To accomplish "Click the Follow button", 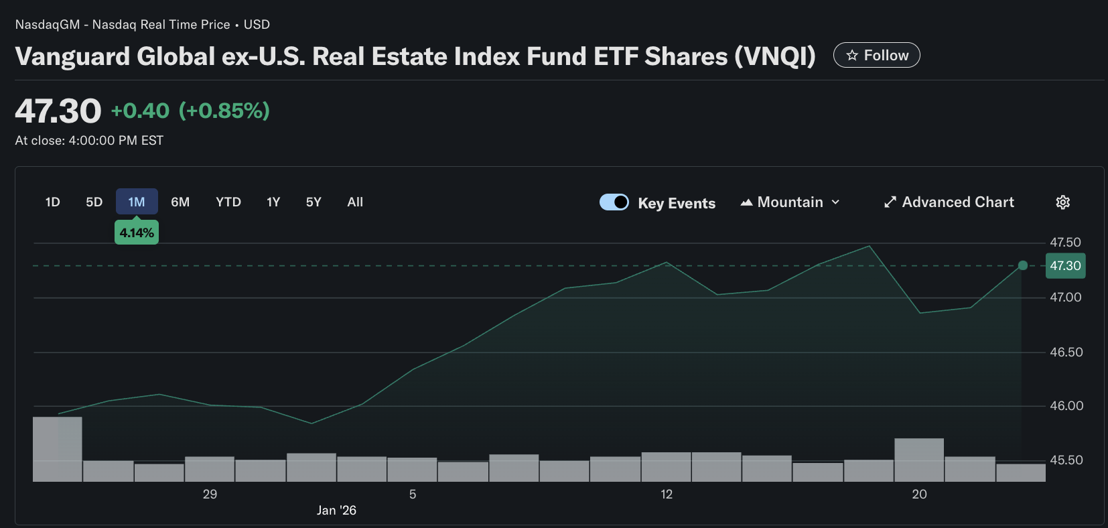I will [876, 55].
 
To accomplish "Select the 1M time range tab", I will [137, 202].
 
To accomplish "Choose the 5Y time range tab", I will [314, 202].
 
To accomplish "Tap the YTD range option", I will [228, 202].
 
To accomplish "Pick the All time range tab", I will [355, 202].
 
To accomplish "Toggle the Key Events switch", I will [614, 202].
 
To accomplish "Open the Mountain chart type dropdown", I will [790, 202].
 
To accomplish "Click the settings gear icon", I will [1062, 202].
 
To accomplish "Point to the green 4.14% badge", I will [137, 233].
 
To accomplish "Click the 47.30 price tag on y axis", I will [1065, 265].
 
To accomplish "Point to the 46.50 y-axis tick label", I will [1066, 352].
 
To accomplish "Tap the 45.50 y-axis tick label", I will [1066, 460].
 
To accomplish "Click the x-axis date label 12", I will [666, 494].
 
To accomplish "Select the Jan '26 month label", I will [336, 510].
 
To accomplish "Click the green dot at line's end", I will [1022, 265].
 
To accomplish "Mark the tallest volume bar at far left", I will [58, 449].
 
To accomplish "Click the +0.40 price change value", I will [140, 111].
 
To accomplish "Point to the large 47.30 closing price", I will [58, 111].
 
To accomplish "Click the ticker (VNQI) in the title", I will [775, 56].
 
